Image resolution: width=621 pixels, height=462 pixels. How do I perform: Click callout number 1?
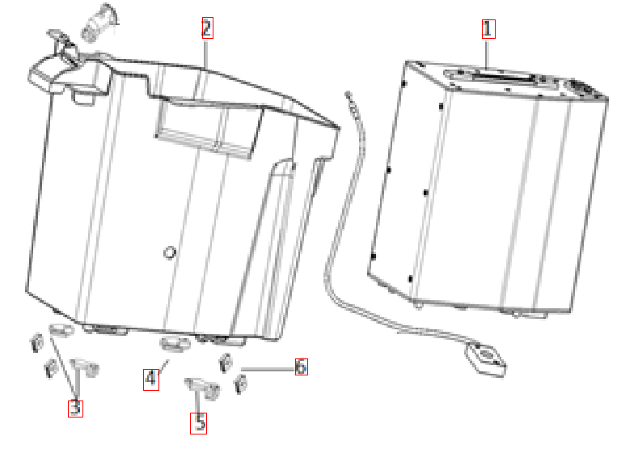(x=488, y=29)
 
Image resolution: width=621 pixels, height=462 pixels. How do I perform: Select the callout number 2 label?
(x=207, y=28)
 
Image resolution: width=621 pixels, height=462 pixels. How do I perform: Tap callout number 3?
(x=75, y=408)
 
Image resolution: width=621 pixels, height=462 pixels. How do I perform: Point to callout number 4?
(x=151, y=379)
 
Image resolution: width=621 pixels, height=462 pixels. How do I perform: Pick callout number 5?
(x=198, y=423)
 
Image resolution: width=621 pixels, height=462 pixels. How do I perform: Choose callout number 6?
(x=301, y=367)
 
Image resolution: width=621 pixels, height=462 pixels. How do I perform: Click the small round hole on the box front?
(x=170, y=252)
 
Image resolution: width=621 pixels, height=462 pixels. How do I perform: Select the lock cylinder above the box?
(x=98, y=23)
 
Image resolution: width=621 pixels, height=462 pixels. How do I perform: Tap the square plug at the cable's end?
(x=485, y=359)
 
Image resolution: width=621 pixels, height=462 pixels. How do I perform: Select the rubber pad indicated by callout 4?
(x=175, y=344)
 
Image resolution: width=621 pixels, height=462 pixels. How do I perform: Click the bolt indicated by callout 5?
(x=202, y=388)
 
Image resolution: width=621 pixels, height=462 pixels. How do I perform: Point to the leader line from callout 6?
(x=268, y=369)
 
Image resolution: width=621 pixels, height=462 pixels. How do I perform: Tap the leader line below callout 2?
(x=205, y=54)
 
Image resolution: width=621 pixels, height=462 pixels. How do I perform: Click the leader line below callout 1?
(x=487, y=53)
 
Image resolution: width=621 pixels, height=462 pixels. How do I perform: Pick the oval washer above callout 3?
(x=61, y=328)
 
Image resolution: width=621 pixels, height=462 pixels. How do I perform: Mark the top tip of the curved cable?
(x=348, y=95)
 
